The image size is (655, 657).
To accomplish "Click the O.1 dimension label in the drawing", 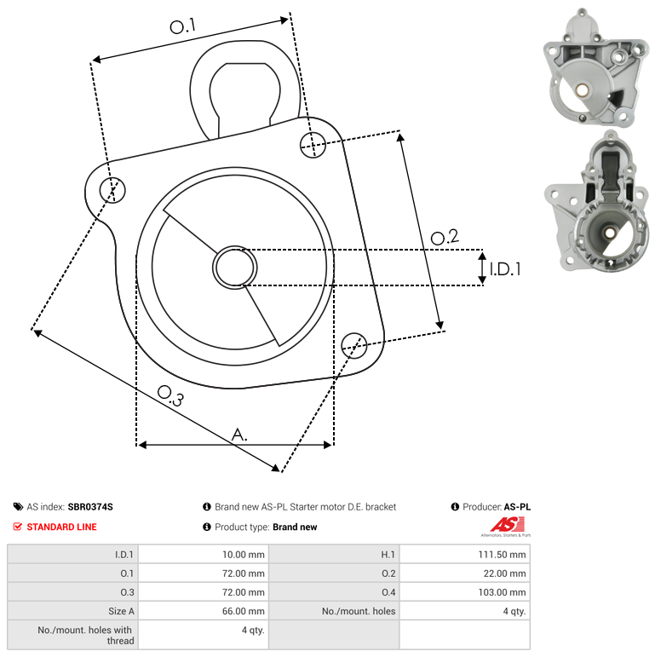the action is click(182, 26).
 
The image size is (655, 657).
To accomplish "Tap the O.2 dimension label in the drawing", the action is click(445, 237).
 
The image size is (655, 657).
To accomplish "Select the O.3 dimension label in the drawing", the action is click(171, 396).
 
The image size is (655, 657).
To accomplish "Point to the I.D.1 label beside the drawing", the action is click(505, 269).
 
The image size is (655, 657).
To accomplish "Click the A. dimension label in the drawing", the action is click(239, 435).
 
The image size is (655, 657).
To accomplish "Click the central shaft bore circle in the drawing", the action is click(235, 268).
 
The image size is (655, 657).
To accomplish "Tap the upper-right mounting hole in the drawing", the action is click(313, 145).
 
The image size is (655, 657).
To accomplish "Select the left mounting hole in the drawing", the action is click(112, 190).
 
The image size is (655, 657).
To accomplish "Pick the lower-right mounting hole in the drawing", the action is click(354, 346).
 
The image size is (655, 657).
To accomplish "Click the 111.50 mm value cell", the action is click(465, 555).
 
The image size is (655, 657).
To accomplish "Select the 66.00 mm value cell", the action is click(204, 611).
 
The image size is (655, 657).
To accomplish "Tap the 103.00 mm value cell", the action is click(465, 592).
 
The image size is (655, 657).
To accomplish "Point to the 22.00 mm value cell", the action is click(465, 573).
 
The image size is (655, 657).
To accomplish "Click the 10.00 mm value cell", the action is click(204, 555).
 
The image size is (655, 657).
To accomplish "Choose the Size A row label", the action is click(121, 611).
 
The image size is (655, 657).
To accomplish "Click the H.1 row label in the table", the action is click(388, 555).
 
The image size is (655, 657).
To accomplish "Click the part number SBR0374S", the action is click(90, 507).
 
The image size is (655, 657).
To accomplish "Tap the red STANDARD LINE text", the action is click(61, 527).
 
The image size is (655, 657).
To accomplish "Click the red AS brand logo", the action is click(507, 524).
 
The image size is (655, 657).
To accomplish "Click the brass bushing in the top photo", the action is click(581, 89).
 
